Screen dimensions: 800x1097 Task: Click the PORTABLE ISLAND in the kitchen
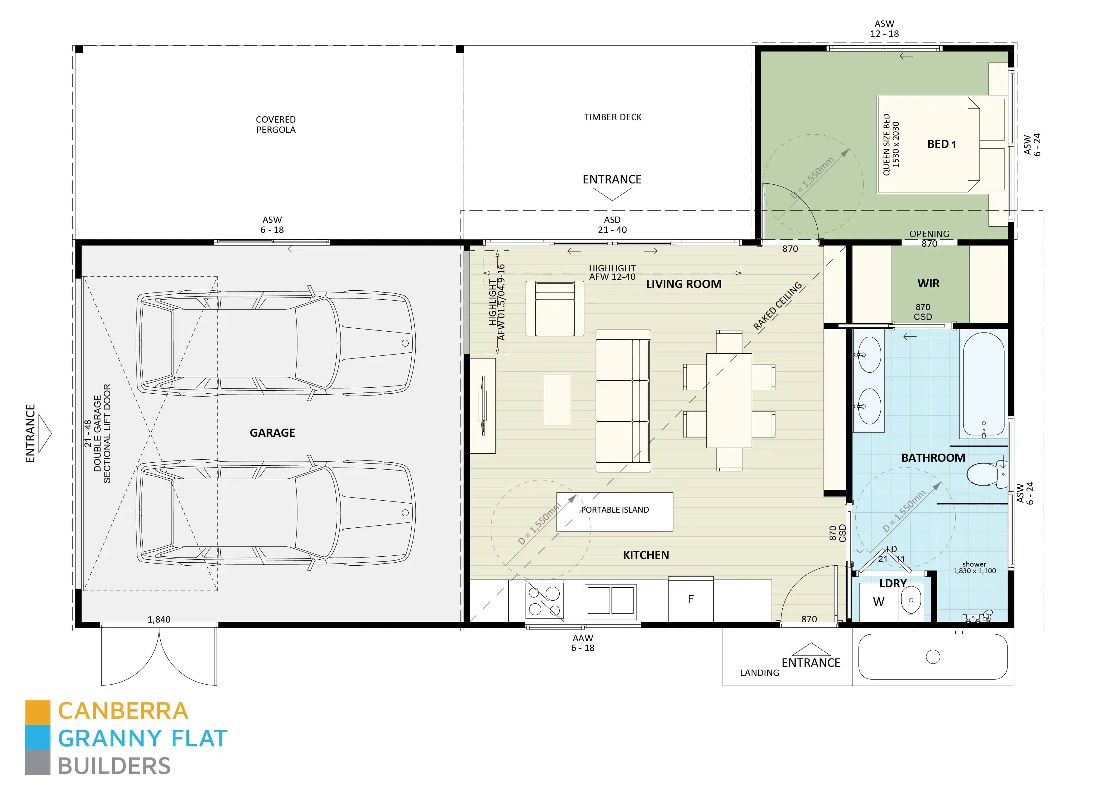click(x=615, y=512)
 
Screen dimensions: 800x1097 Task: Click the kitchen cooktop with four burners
click(x=544, y=601)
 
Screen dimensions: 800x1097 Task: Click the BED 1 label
click(x=941, y=144)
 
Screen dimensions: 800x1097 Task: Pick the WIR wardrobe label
click(x=928, y=284)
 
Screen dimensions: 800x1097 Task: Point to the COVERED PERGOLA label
click(x=276, y=124)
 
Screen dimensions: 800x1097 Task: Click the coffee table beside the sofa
click(x=557, y=399)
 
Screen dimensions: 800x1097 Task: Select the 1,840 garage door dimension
click(x=159, y=619)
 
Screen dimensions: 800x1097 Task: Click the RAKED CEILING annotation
click(x=777, y=306)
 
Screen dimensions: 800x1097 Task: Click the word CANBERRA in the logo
click(x=123, y=711)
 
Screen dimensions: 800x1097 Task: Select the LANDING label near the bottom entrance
click(x=759, y=673)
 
